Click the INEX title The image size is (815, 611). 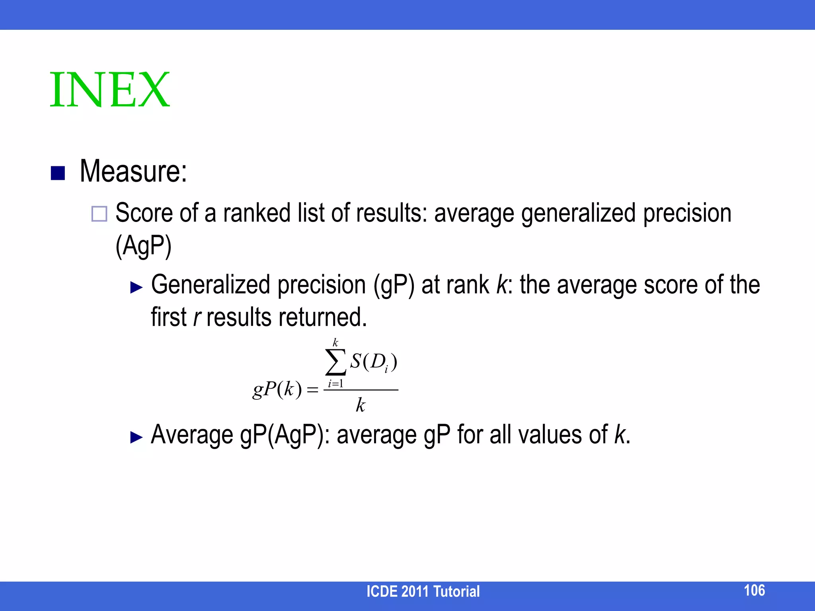tap(110, 90)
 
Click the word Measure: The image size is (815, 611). tap(133, 171)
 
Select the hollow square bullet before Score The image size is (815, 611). tap(99, 214)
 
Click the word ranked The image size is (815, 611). tap(257, 213)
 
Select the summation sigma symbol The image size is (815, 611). tap(335, 362)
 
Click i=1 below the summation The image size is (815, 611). tap(335, 384)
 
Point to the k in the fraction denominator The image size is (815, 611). tap(360, 405)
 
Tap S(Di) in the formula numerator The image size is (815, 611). tap(373, 362)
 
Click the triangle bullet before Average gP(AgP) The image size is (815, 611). tap(136, 437)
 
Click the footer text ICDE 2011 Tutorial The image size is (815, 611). tap(423, 592)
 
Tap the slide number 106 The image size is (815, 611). tap(754, 590)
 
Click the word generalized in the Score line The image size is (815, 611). tap(578, 214)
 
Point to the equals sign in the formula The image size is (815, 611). tap(313, 390)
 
